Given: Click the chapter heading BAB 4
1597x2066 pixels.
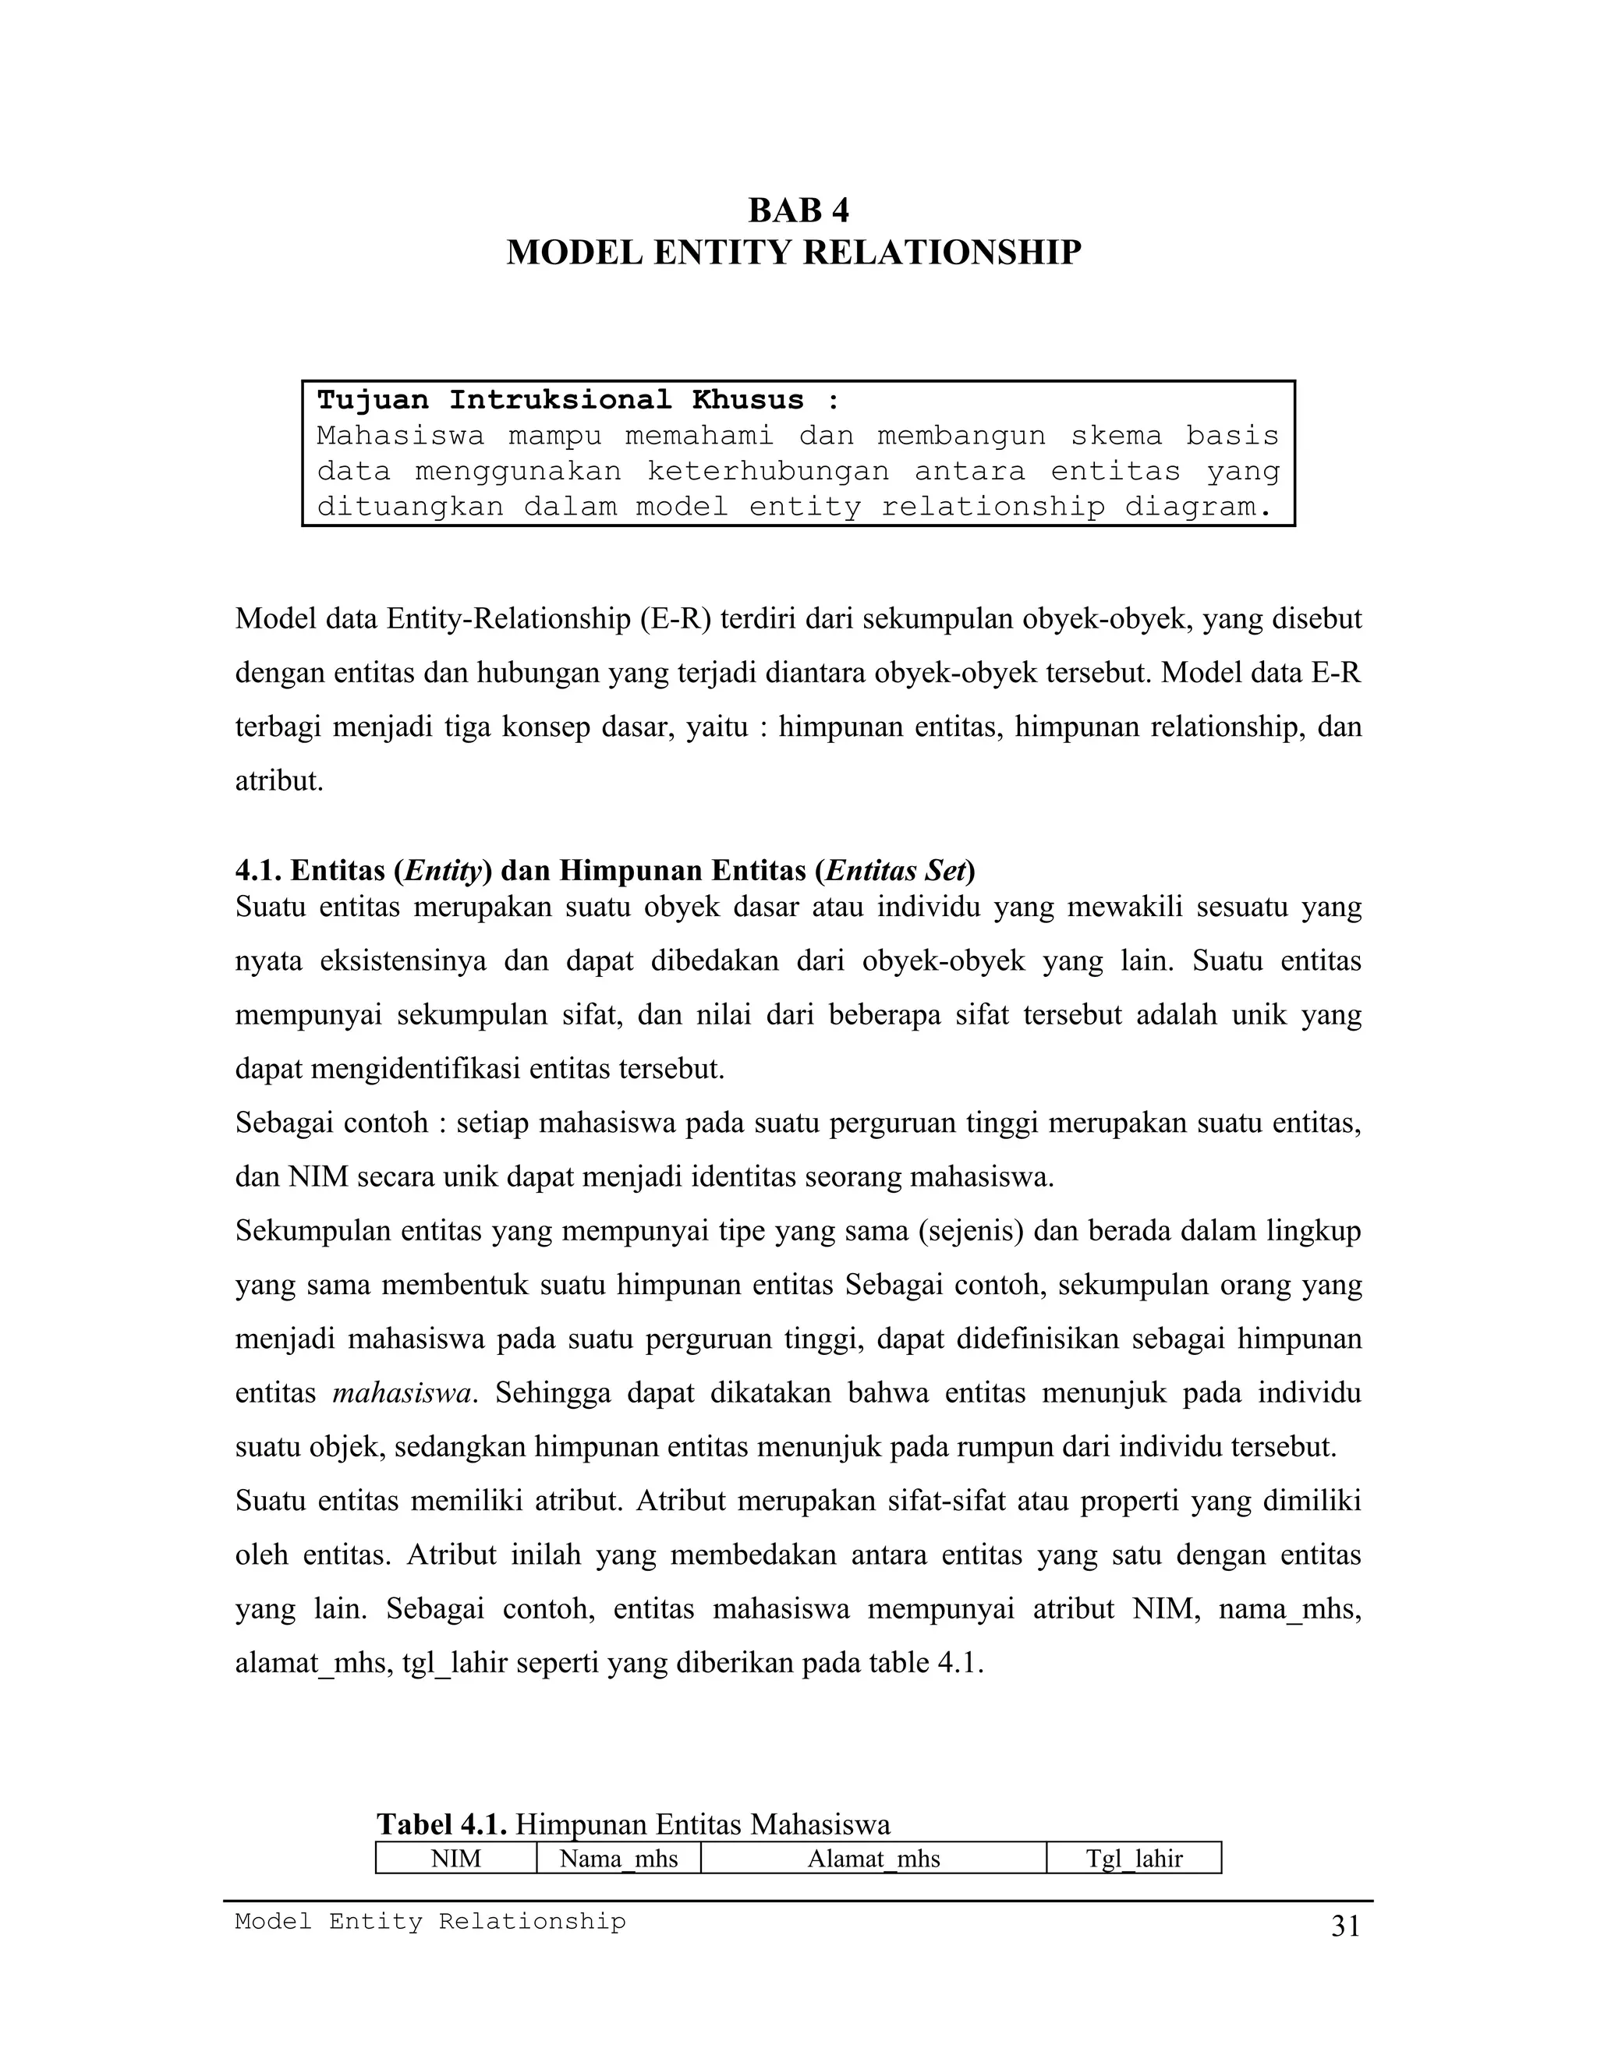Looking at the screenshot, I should point(798,210).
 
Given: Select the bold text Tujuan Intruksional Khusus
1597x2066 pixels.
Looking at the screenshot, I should point(560,400).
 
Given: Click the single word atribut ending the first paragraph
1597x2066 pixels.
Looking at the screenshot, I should point(278,781).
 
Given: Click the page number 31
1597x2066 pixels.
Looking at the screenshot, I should point(1345,1927).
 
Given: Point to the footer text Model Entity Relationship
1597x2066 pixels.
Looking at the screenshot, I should point(430,1921).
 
